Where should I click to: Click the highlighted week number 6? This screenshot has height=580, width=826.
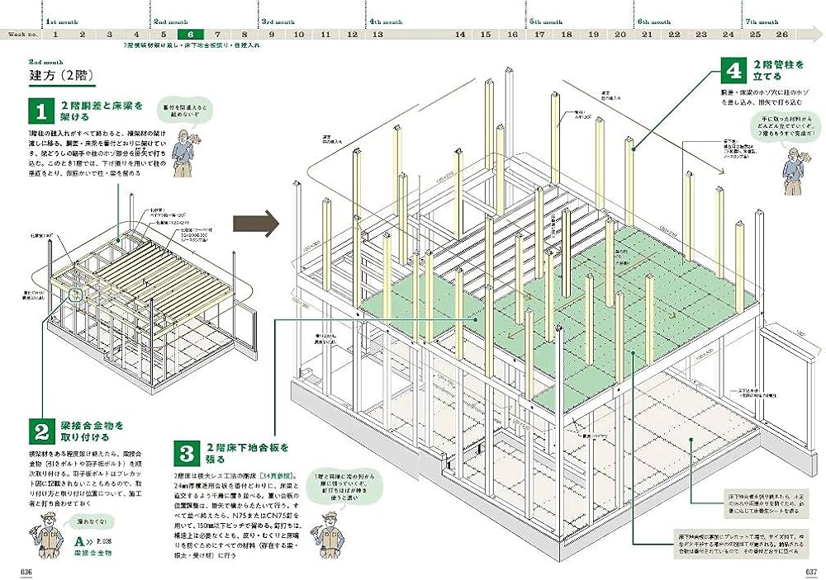(x=191, y=34)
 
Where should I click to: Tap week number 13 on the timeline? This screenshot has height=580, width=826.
(x=377, y=34)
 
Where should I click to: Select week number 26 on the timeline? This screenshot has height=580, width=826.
(x=782, y=34)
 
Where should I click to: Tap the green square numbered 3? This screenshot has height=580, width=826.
(x=186, y=453)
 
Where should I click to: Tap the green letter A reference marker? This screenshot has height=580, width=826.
(x=78, y=542)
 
